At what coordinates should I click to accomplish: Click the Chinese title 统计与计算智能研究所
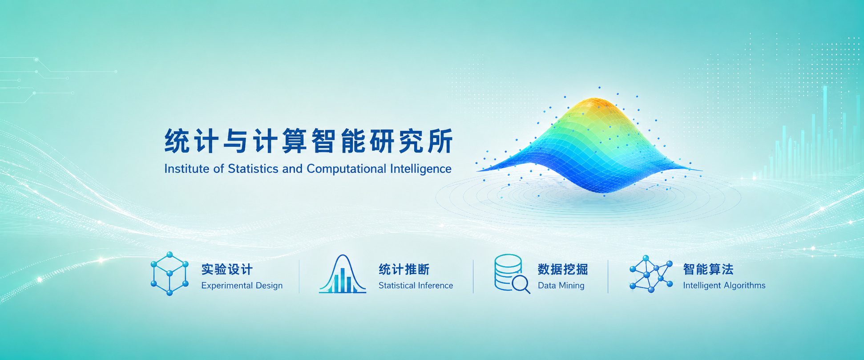(x=309, y=141)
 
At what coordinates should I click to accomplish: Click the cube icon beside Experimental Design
(x=170, y=274)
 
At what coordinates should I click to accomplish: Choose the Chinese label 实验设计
(x=227, y=269)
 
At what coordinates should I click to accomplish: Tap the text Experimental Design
(x=242, y=286)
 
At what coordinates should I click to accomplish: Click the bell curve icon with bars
(x=343, y=274)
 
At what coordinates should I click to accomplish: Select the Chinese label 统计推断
(x=404, y=269)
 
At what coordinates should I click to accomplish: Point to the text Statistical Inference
(x=416, y=286)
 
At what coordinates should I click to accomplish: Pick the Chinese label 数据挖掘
(x=563, y=269)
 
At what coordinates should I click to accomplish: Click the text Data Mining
(x=561, y=286)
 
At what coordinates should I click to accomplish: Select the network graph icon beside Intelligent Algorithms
(x=651, y=274)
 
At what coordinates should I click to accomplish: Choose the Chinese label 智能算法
(x=708, y=269)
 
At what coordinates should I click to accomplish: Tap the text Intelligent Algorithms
(x=724, y=286)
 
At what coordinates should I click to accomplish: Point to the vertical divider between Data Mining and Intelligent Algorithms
(x=608, y=277)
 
